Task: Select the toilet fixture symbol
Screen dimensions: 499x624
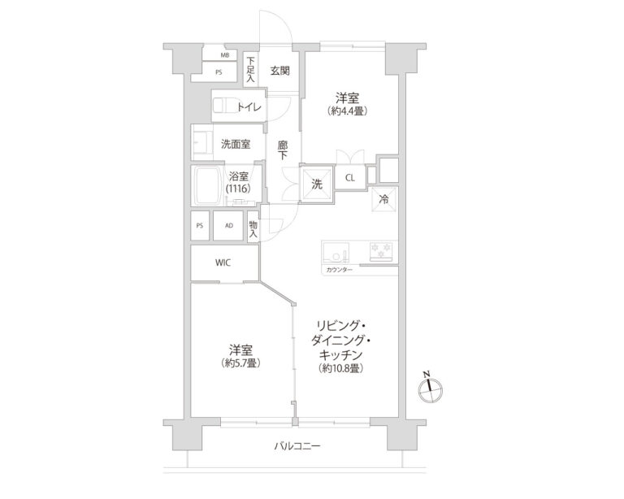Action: click(223, 106)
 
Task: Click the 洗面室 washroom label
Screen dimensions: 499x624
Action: click(236, 144)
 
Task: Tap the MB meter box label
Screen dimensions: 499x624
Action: click(224, 56)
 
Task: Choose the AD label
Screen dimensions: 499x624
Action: click(229, 225)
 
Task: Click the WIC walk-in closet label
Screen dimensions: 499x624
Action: click(223, 263)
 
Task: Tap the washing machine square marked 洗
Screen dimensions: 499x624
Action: click(316, 184)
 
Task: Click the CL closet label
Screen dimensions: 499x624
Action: click(349, 178)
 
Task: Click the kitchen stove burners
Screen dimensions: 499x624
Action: click(381, 251)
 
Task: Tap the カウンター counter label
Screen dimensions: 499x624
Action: click(339, 268)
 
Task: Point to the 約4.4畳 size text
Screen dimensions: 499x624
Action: click(347, 111)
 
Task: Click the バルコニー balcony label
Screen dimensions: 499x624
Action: click(297, 446)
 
